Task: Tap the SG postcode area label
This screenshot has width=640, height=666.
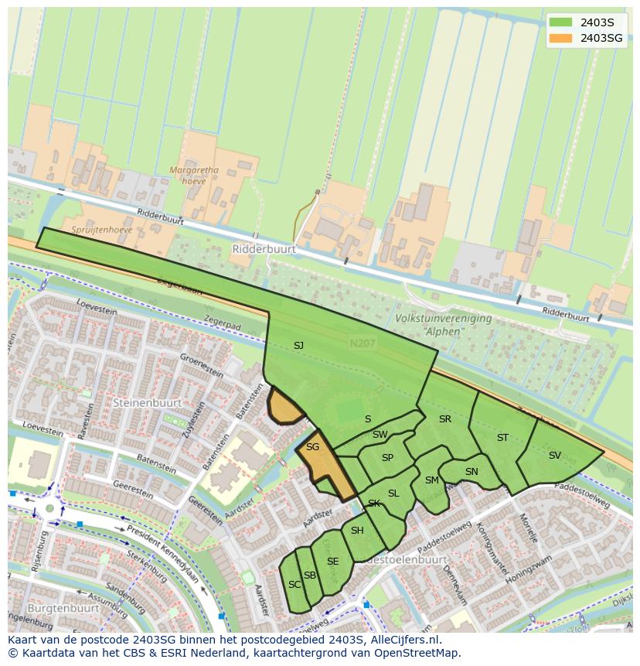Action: coord(312,447)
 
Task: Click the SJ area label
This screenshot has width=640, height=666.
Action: coord(298,346)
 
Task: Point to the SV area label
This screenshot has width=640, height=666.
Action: coord(554,456)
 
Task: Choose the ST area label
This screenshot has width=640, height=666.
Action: coord(502,438)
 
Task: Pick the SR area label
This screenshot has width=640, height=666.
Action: coord(444,419)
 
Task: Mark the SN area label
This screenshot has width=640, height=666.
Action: coord(471,472)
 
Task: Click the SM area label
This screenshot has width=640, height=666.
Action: coord(431,480)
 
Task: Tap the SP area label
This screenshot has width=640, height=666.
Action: coord(387,458)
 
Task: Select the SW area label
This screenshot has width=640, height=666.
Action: coord(380,435)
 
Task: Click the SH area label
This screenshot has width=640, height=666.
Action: coord(356,531)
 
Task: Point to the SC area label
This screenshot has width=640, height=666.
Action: coord(294,585)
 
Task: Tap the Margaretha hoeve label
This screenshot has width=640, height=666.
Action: coord(195,176)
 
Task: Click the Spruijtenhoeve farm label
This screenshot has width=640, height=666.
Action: coord(102,230)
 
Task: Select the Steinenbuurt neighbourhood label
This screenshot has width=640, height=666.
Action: coord(147,403)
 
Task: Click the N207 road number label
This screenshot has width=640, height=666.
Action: coord(360,343)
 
